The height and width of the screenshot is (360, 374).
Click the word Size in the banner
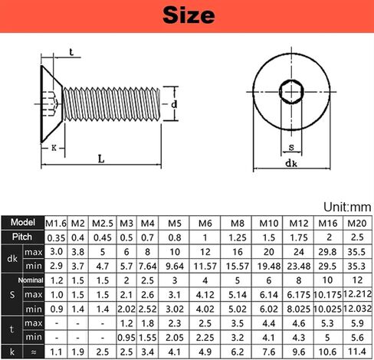[x=189, y=15]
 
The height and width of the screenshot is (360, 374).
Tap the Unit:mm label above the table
[x=347, y=207]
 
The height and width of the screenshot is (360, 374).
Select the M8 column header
[x=238, y=224]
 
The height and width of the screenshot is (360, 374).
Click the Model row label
[x=23, y=222]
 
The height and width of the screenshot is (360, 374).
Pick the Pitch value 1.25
[x=238, y=237]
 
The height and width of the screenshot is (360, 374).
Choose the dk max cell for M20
[x=356, y=252]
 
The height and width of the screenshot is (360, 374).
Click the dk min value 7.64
[x=147, y=267]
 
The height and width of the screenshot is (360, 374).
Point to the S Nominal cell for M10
[x=269, y=280]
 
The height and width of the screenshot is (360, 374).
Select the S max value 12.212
[x=357, y=294]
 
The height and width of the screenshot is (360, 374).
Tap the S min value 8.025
[x=298, y=309]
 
